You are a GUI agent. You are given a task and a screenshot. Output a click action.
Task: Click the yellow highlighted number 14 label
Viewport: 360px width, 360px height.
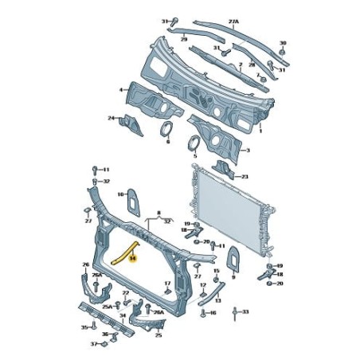[133, 257]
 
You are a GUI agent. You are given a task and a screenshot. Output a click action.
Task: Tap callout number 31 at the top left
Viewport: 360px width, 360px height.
[165, 21]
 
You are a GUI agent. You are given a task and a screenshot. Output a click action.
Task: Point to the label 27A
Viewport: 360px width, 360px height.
[234, 22]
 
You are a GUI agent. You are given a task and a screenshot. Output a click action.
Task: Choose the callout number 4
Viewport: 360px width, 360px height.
[120, 90]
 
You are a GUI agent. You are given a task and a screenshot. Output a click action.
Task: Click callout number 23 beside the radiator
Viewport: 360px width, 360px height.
[245, 176]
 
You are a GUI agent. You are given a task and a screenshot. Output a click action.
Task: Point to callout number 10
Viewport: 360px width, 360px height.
[120, 194]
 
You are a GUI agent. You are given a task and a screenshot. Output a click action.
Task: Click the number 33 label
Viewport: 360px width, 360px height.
[246, 312]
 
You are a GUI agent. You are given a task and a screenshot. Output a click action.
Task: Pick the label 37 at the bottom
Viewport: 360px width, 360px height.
[92, 344]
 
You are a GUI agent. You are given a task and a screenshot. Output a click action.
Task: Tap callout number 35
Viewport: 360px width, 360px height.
[84, 327]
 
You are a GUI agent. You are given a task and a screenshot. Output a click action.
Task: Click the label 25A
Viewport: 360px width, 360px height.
[108, 306]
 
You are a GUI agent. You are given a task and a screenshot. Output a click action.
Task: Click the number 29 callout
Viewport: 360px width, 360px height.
[182, 38]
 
